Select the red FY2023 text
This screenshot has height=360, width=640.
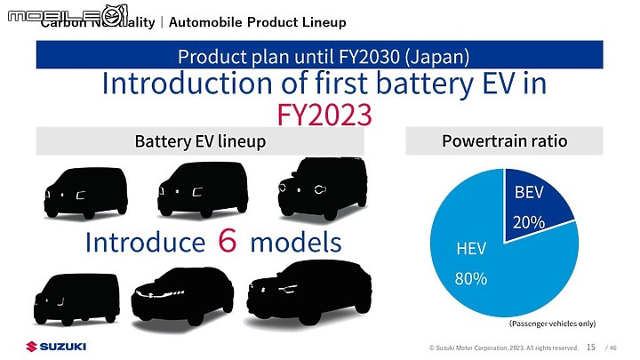click(x=323, y=115)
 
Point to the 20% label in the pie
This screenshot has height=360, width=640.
click(x=530, y=222)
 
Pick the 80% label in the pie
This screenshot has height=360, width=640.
click(x=470, y=278)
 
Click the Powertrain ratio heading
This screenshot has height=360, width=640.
click(x=504, y=140)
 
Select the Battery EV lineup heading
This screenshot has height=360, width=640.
click(x=200, y=141)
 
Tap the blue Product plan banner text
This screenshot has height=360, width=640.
click(x=323, y=55)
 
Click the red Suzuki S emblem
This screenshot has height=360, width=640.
click(x=31, y=346)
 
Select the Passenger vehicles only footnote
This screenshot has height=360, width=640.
click(x=552, y=324)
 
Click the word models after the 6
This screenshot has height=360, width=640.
click(x=295, y=242)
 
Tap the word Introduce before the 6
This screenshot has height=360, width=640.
click(x=145, y=242)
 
